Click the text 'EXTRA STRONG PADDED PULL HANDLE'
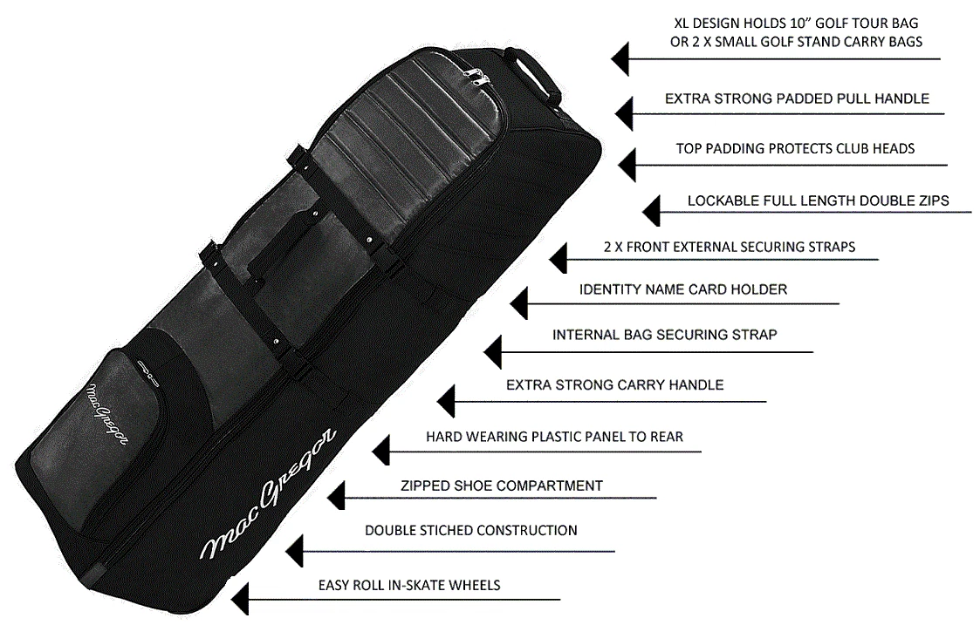pyautogui.click(x=796, y=99)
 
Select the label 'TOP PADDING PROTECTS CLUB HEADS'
pyautogui.click(x=795, y=149)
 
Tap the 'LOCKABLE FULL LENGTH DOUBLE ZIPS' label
pyautogui.click(x=818, y=201)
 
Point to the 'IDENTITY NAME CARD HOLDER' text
pyautogui.click(x=682, y=289)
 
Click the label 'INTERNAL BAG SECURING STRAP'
pyautogui.click(x=664, y=335)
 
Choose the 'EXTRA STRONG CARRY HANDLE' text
pyautogui.click(x=614, y=384)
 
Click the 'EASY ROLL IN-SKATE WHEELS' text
pyautogui.click(x=409, y=585)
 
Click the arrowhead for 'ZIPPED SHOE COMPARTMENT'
pyautogui.click(x=336, y=498)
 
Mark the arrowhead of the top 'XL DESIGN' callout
pyautogui.click(x=619, y=59)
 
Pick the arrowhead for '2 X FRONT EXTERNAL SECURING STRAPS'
pyautogui.click(x=559, y=259)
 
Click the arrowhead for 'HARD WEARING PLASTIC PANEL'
pyautogui.click(x=380, y=451)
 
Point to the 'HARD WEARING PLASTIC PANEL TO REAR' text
pyautogui.click(x=554, y=437)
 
